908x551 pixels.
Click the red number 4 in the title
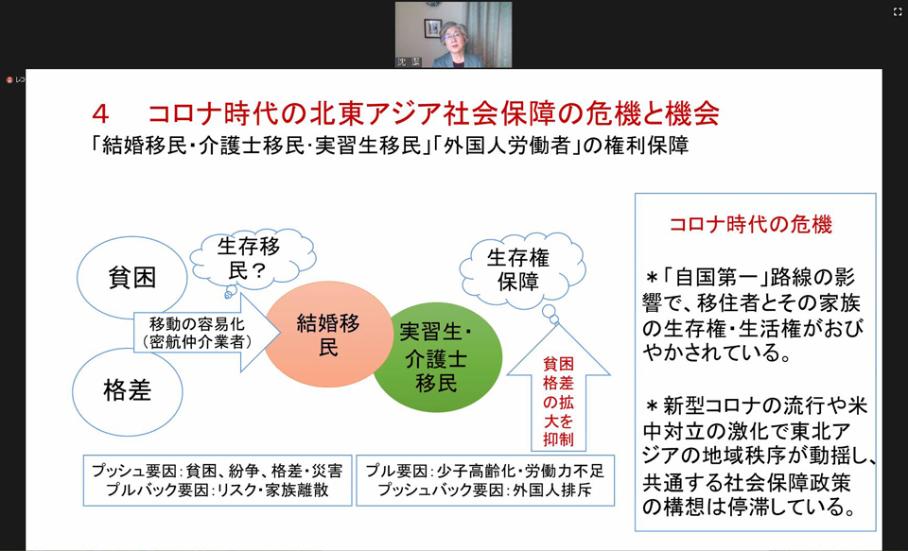click(x=100, y=114)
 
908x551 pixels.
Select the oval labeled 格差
click(x=128, y=392)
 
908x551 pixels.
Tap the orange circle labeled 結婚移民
click(x=328, y=334)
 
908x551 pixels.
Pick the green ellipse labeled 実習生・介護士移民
click(x=437, y=357)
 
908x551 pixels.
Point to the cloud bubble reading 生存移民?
click(x=253, y=259)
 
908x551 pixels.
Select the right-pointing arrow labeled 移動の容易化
click(x=207, y=333)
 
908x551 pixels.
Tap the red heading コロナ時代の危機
click(x=750, y=224)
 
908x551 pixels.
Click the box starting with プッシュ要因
click(x=218, y=480)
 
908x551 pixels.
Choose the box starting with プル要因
click(x=484, y=480)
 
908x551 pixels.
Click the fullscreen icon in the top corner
click(x=898, y=12)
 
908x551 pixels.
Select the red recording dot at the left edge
click(x=9, y=80)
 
